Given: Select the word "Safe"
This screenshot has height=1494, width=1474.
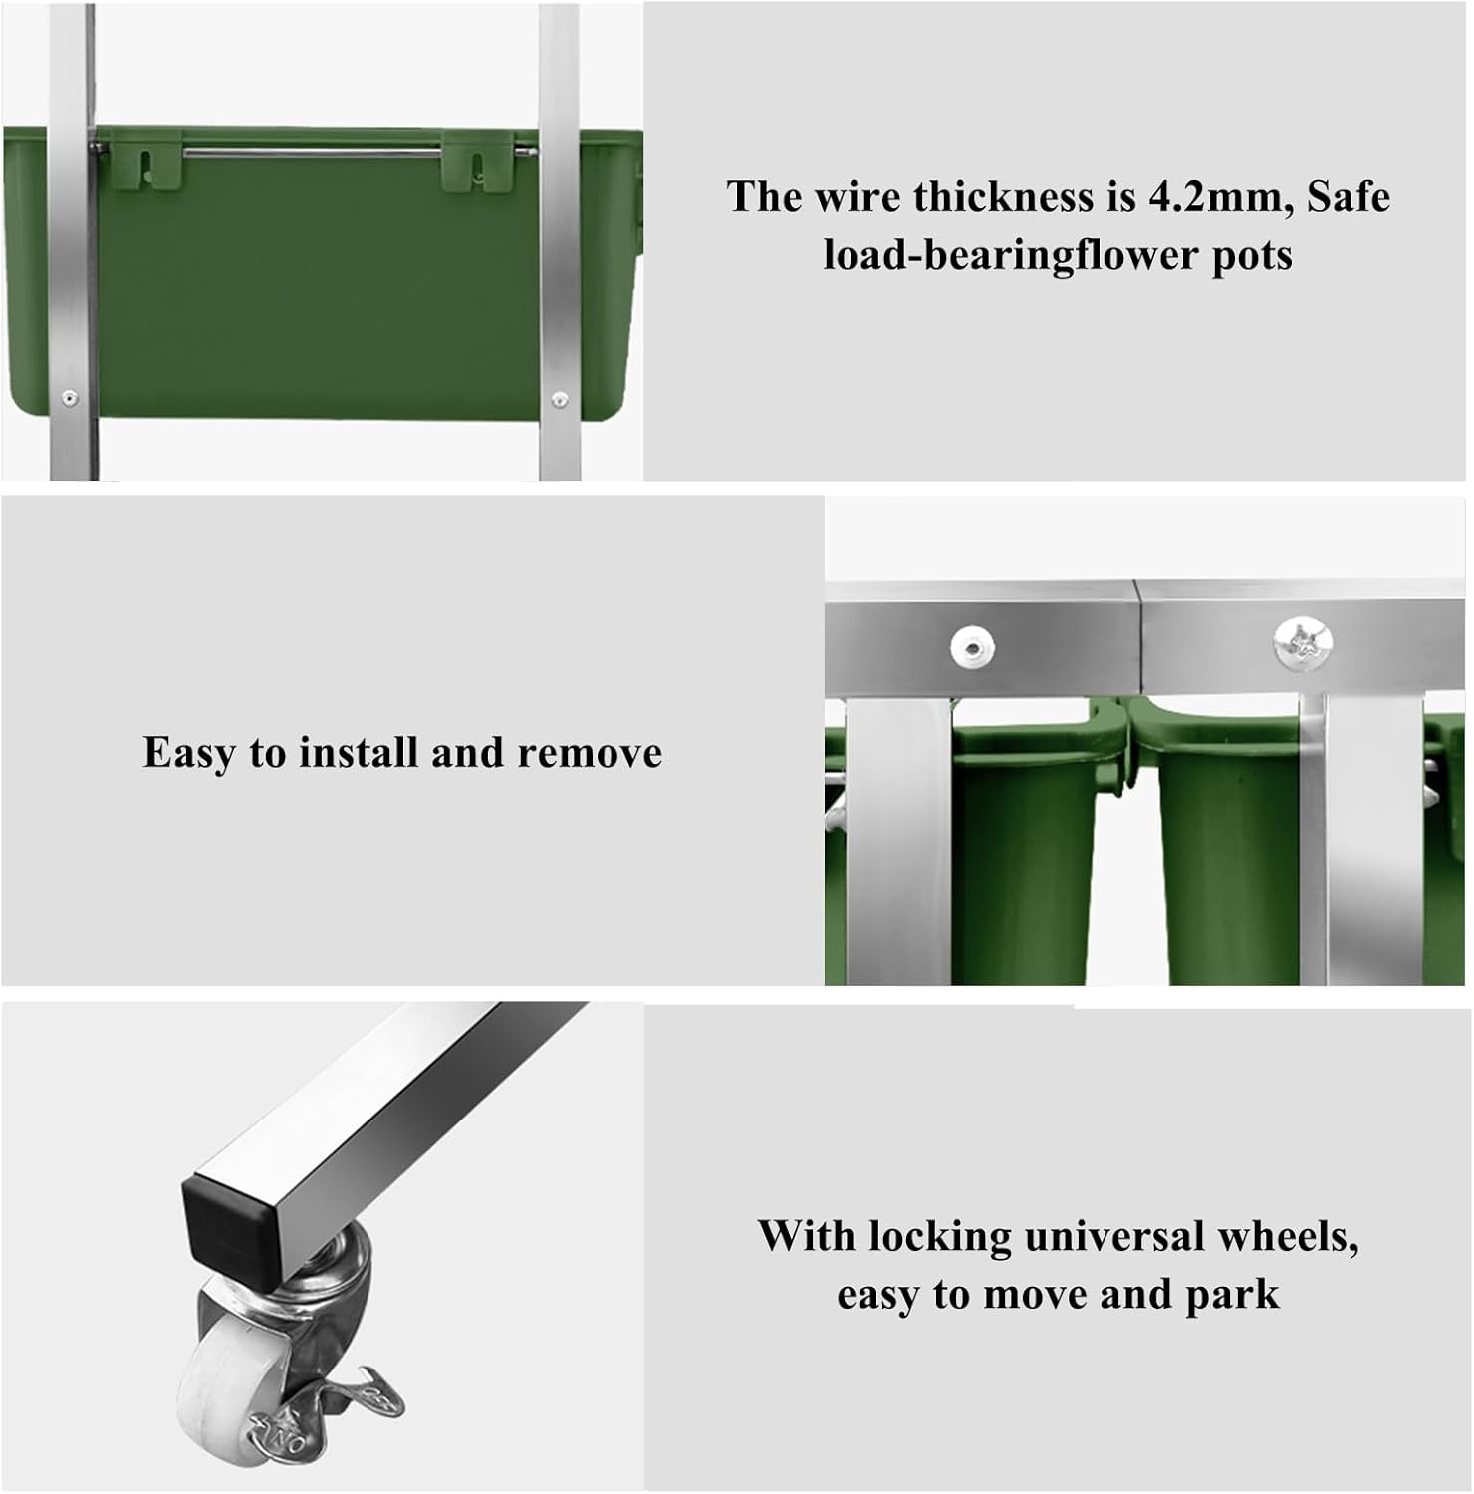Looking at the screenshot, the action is coord(1348,196).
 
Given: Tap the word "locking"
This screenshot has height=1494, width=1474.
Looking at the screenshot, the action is coord(940,1238).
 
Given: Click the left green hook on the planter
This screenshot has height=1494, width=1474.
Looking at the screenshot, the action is coord(147,164).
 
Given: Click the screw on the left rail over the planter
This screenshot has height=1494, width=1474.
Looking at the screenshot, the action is coord(69,398).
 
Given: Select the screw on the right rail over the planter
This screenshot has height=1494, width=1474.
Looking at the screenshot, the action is coord(560,400).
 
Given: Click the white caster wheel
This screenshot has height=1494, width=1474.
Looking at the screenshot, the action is coord(226,1378).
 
